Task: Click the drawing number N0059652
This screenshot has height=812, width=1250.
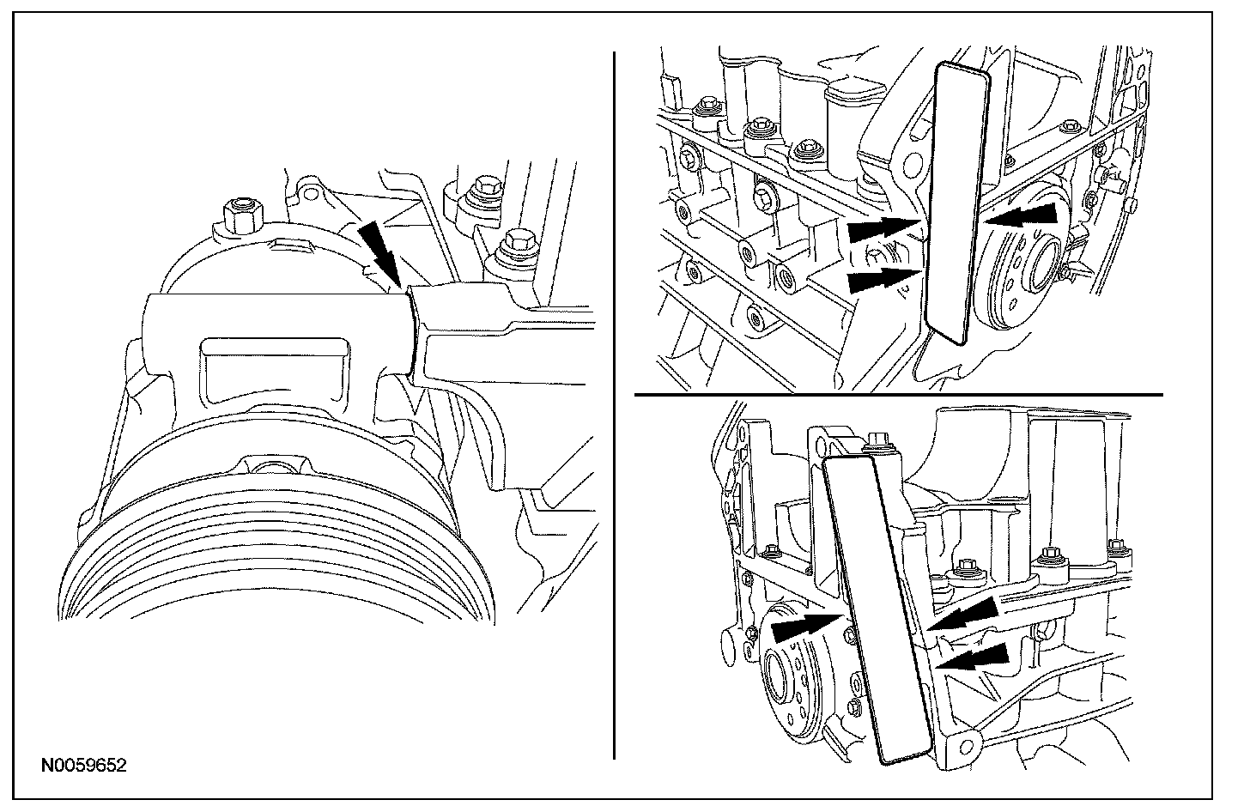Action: point(84,765)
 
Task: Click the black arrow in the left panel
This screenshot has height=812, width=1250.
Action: point(379,254)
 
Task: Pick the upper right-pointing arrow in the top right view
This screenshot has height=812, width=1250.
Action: point(883,229)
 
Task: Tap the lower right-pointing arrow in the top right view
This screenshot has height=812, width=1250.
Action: point(883,279)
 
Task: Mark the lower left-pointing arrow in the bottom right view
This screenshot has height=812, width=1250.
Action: point(972,657)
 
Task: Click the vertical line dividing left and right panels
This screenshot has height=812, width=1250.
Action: point(614,405)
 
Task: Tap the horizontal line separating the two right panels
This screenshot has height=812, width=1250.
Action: point(898,394)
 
